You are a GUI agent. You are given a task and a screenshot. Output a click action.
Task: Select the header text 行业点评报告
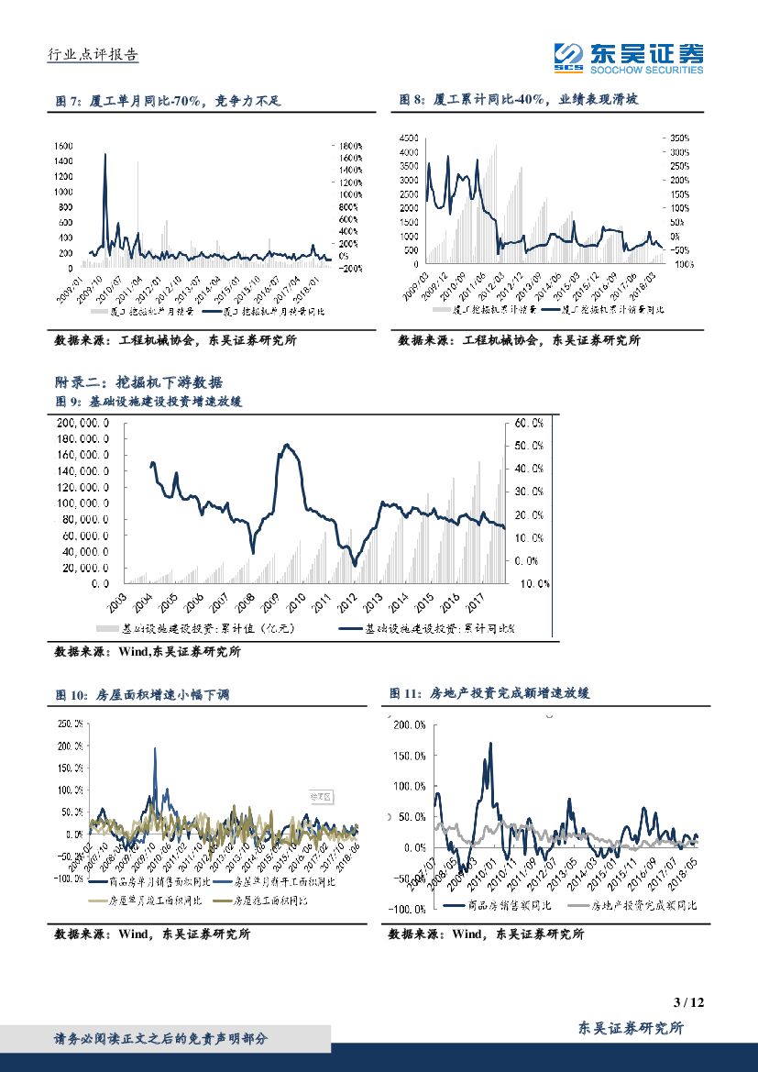(x=92, y=55)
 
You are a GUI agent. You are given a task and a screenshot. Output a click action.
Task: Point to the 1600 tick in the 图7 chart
(x=64, y=146)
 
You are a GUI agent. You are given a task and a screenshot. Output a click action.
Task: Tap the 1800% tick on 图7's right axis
(x=352, y=146)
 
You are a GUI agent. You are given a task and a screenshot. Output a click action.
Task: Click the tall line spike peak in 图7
(x=105, y=155)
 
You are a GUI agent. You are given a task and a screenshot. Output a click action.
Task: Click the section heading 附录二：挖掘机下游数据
(x=138, y=382)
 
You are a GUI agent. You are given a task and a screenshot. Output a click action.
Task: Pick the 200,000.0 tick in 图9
(x=83, y=423)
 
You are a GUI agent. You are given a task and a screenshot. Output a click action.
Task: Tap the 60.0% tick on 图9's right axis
(x=529, y=423)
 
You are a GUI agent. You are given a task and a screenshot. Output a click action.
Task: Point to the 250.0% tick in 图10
(x=70, y=724)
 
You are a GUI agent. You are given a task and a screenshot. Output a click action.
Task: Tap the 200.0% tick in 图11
(x=408, y=725)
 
